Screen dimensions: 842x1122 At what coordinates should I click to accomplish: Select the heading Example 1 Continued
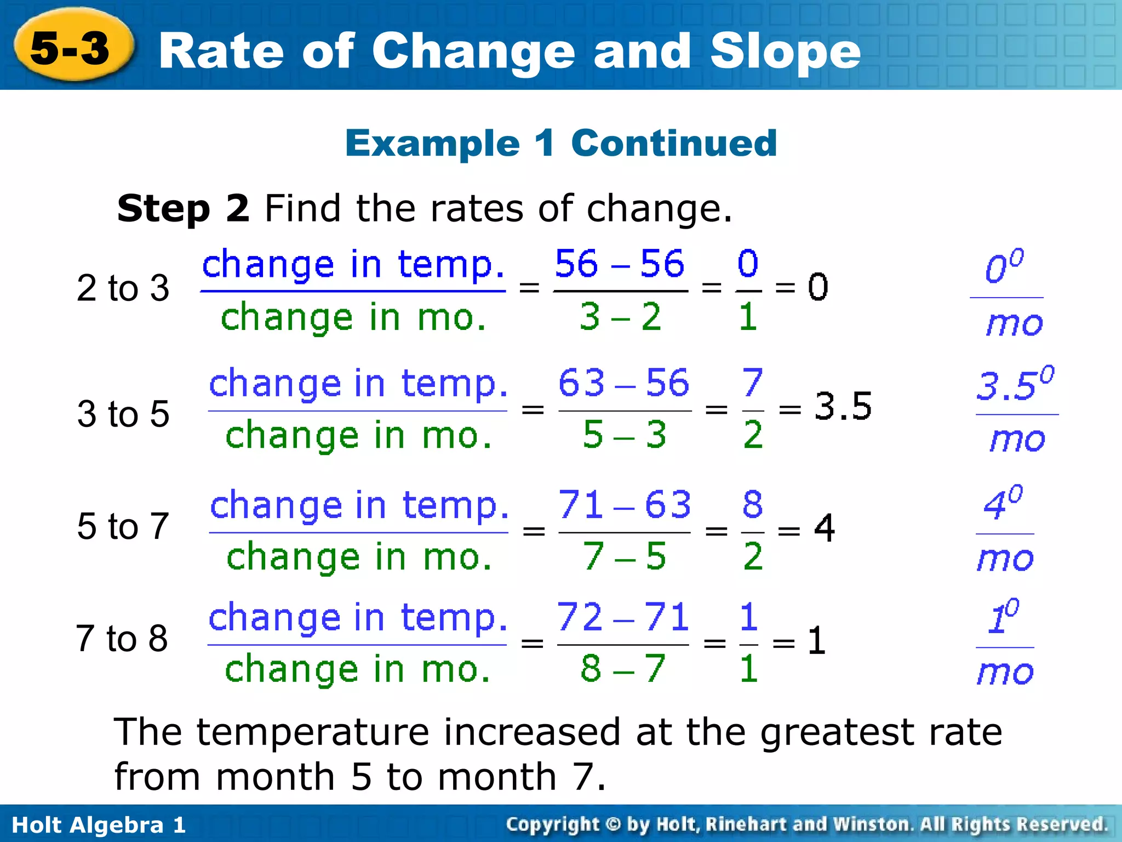pos(561,143)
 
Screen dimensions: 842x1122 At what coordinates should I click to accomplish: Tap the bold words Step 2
pos(183,209)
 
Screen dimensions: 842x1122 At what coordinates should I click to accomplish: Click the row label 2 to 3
pos(123,288)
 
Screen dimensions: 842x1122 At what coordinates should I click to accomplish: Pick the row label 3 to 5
pos(123,414)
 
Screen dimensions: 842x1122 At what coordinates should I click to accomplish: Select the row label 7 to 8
pos(122,639)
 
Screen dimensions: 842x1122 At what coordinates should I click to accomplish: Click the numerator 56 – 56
pos(619,264)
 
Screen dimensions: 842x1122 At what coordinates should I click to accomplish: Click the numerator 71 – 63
pos(624,504)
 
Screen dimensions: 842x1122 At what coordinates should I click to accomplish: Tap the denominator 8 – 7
pos(622,669)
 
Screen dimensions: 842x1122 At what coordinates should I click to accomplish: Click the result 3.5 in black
pos(843,407)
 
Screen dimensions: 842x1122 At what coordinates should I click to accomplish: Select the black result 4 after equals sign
pos(824,528)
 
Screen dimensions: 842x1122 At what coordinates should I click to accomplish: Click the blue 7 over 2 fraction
pos(752,409)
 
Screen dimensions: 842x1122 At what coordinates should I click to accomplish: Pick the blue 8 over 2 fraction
pos(752,531)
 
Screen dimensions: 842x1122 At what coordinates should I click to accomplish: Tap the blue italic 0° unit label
pos(1004,268)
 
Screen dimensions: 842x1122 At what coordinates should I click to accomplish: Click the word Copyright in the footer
pos(553,824)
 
